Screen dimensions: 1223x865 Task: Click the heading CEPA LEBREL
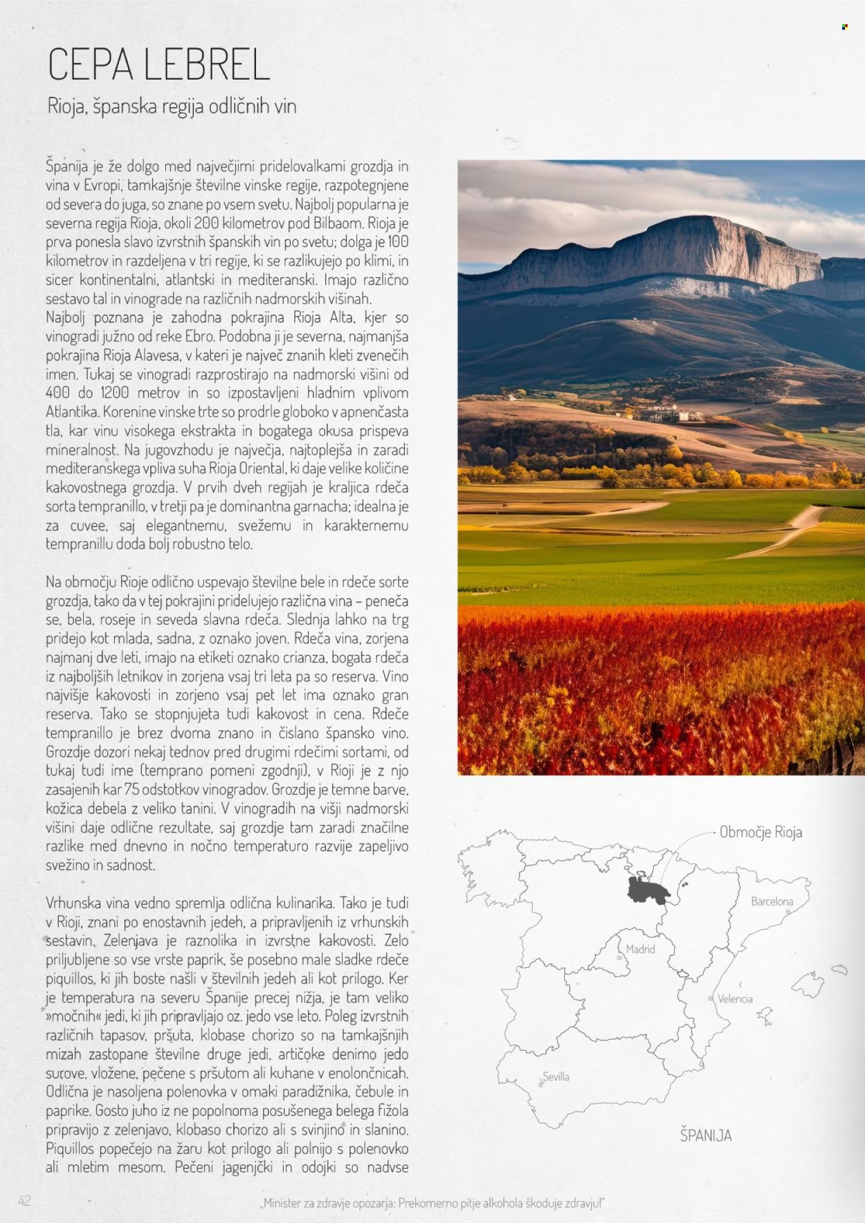[x=158, y=66]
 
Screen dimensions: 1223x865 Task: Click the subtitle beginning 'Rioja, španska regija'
[x=172, y=106]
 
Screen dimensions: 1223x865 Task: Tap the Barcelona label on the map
[x=772, y=901]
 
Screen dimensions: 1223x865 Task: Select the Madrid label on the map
[x=640, y=949]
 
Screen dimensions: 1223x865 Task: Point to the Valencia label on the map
[x=735, y=999]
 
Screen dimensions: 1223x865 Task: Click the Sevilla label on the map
[x=556, y=1076]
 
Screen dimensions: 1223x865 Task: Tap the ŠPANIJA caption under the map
[x=705, y=1135]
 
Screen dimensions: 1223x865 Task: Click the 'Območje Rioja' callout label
[x=761, y=832]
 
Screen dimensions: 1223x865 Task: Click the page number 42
[x=24, y=1200]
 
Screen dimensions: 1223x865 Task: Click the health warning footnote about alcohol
[x=433, y=1203]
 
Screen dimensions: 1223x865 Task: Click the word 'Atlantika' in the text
[x=71, y=412]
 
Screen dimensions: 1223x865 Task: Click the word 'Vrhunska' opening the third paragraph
[x=73, y=903]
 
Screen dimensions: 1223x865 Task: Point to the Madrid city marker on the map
[x=619, y=959]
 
